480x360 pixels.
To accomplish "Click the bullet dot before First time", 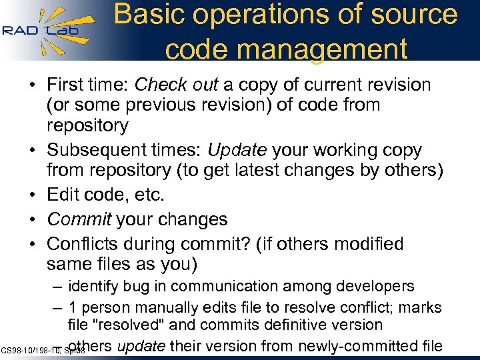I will (33, 85).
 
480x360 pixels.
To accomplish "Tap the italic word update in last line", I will (143, 345).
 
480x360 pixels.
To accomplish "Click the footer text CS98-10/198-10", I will (32, 350).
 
